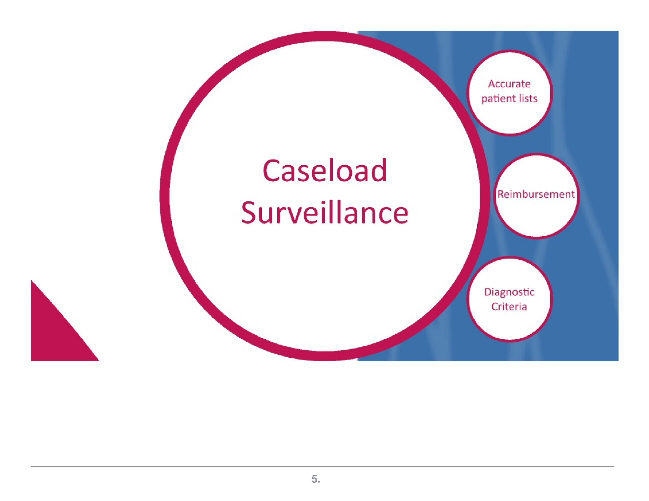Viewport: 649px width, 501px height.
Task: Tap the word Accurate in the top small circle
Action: pyautogui.click(x=509, y=84)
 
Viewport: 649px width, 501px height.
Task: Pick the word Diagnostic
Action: pyautogui.click(x=509, y=292)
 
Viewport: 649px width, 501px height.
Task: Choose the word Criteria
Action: pyautogui.click(x=509, y=306)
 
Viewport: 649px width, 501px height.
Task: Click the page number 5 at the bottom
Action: pyautogui.click(x=315, y=479)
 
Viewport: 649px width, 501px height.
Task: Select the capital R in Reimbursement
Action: pyautogui.click(x=501, y=194)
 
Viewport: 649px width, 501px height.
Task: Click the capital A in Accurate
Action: pyautogui.click(x=492, y=84)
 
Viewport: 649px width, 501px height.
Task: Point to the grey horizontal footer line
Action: pyautogui.click(x=322, y=467)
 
